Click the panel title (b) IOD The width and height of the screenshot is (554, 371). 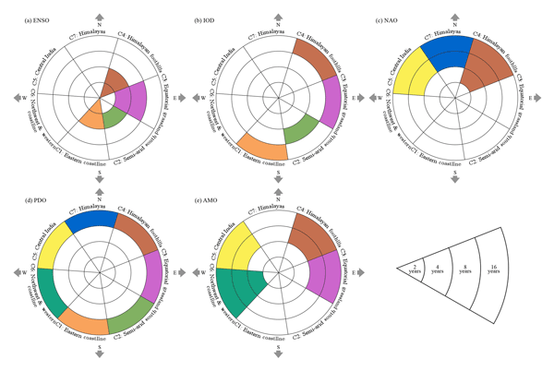[x=205, y=19]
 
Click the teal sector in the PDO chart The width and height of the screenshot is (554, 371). [x=52, y=293]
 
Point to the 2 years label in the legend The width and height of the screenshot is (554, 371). [x=416, y=269]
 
